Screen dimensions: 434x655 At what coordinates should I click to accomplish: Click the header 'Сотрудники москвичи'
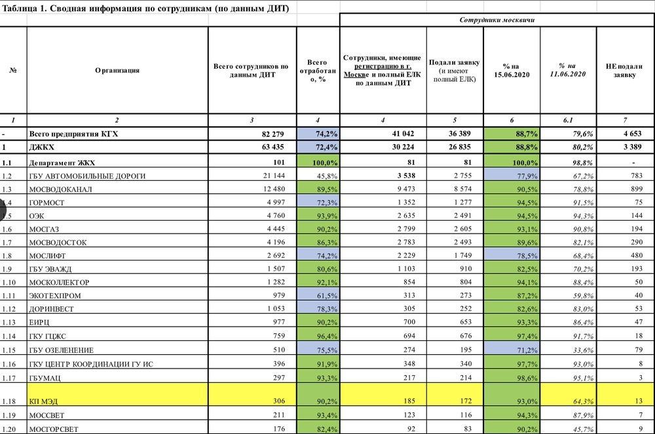click(x=496, y=20)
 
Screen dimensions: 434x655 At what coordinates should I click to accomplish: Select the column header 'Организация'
click(x=117, y=69)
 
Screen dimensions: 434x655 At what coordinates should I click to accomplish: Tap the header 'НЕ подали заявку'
click(x=624, y=69)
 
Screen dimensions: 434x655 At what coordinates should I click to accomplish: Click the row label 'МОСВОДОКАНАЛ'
click(x=61, y=189)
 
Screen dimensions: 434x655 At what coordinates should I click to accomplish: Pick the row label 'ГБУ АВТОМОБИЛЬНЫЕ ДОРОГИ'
click(x=87, y=176)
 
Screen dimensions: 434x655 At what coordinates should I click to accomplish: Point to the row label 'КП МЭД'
click(x=44, y=401)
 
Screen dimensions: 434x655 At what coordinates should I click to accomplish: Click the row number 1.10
click(x=9, y=282)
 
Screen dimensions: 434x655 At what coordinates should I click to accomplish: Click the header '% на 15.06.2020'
click(x=512, y=69)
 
